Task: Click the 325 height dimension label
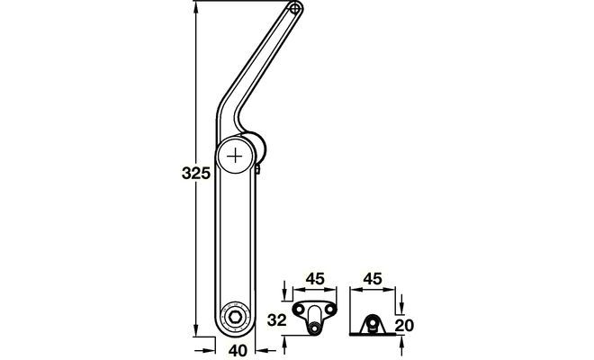[x=196, y=173]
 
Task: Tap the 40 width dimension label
[x=238, y=350]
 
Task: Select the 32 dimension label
[x=277, y=320]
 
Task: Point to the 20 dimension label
[x=404, y=325]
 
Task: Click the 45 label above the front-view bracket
[x=315, y=278]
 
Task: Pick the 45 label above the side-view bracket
[x=373, y=278]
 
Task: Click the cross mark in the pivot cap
[x=235, y=156]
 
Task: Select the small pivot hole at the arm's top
[x=296, y=7]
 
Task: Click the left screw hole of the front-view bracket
[x=300, y=310]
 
